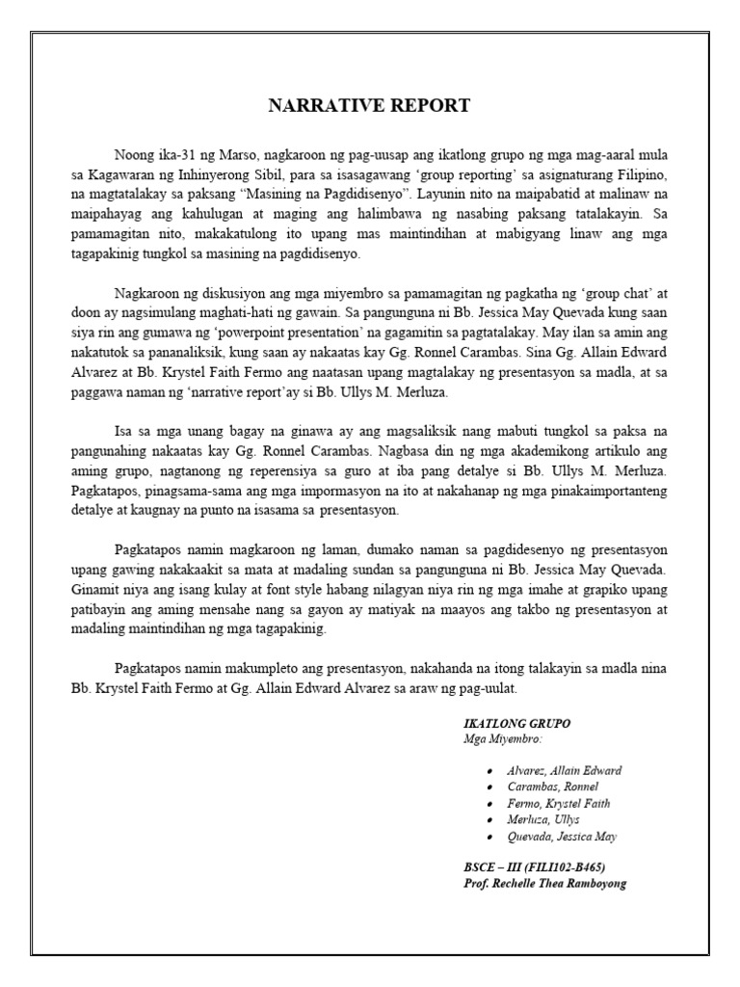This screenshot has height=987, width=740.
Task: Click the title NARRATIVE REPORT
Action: coord(369,106)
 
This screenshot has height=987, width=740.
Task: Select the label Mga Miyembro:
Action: coord(502,739)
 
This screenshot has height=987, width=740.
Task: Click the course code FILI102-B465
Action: coord(568,867)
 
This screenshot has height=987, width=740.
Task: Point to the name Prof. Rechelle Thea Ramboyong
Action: coord(544,883)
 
